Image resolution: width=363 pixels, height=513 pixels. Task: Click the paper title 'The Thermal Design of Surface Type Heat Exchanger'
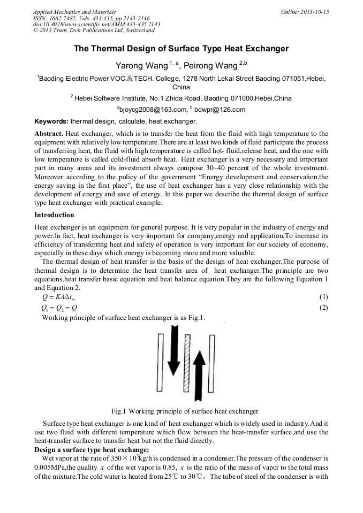[181, 49]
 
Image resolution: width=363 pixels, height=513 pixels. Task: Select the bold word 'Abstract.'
[49, 133]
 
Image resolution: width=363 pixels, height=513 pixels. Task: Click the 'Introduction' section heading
[54, 215]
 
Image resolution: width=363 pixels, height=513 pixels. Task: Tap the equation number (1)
[323, 297]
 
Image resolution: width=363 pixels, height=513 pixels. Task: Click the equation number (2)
[323, 308]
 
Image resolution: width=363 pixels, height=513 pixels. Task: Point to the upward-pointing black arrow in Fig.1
[199, 377]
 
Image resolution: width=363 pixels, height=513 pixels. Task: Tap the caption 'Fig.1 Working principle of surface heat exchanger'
[185, 411]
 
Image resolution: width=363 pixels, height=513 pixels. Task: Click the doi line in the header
[96, 24]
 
